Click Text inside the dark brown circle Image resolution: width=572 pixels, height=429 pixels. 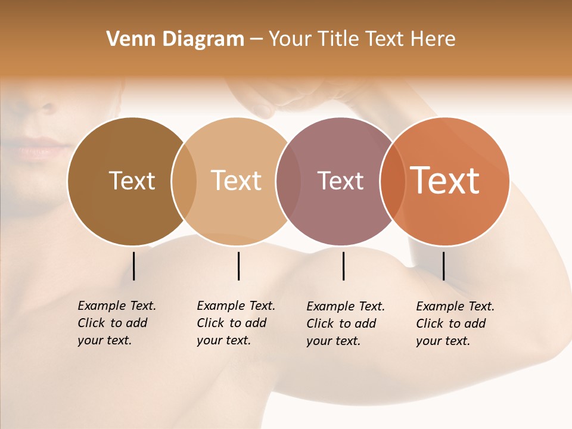pos(132,181)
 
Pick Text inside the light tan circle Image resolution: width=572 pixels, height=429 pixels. pos(237,181)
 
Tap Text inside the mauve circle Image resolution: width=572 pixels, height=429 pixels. pos(340,181)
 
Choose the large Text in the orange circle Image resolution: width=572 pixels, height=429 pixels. pos(445,181)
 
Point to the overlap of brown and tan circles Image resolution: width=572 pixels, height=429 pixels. pos(184,181)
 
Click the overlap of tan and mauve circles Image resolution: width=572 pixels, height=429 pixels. pos(288,181)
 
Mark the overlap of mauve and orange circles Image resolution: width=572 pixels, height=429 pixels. pos(393,181)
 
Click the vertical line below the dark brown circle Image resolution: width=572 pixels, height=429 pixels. pos(133,266)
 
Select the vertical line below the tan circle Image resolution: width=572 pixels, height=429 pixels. pos(238,266)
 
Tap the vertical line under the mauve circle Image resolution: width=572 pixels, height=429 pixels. pos(343,266)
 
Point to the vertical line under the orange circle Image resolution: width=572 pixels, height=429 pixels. pos(443,266)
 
